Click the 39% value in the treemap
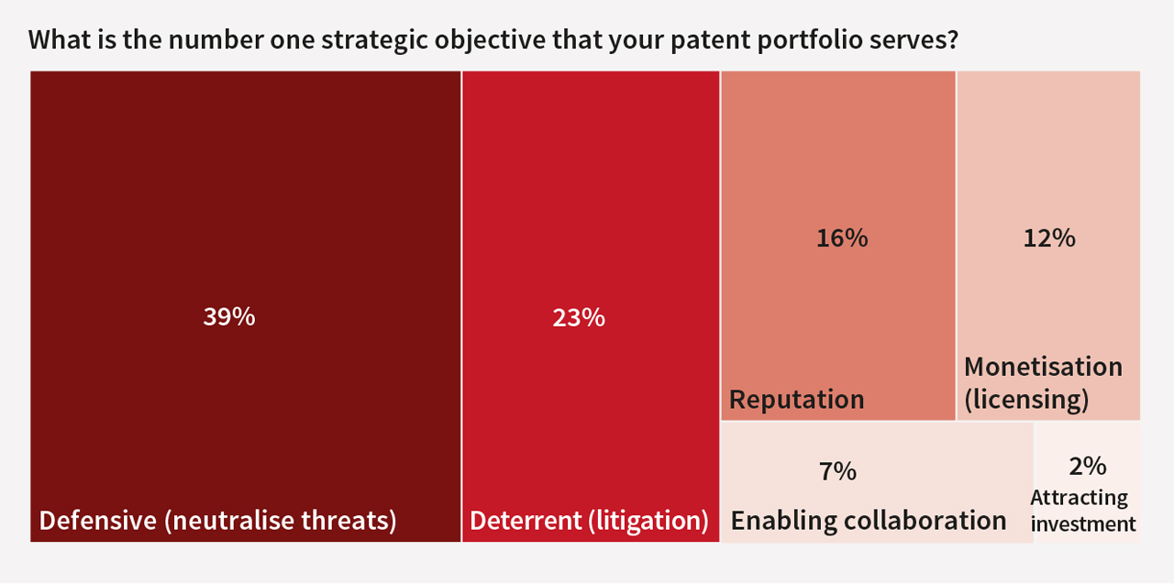coord(229,317)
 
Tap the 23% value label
coord(579,318)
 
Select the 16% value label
coord(842,238)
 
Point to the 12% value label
coord(1049,238)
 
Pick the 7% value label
coord(837,471)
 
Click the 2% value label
coord(1088,466)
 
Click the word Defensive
coord(98,520)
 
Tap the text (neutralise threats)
coord(281,521)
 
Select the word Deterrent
coord(526,520)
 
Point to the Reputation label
coord(797,400)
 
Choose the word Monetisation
coord(1044,367)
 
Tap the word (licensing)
coord(1026,400)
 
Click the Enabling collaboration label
coord(869,521)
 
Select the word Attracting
coord(1079,498)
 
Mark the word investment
coord(1083,523)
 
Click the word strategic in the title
coord(375,40)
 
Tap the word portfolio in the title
coord(810,40)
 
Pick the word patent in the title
coord(711,40)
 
